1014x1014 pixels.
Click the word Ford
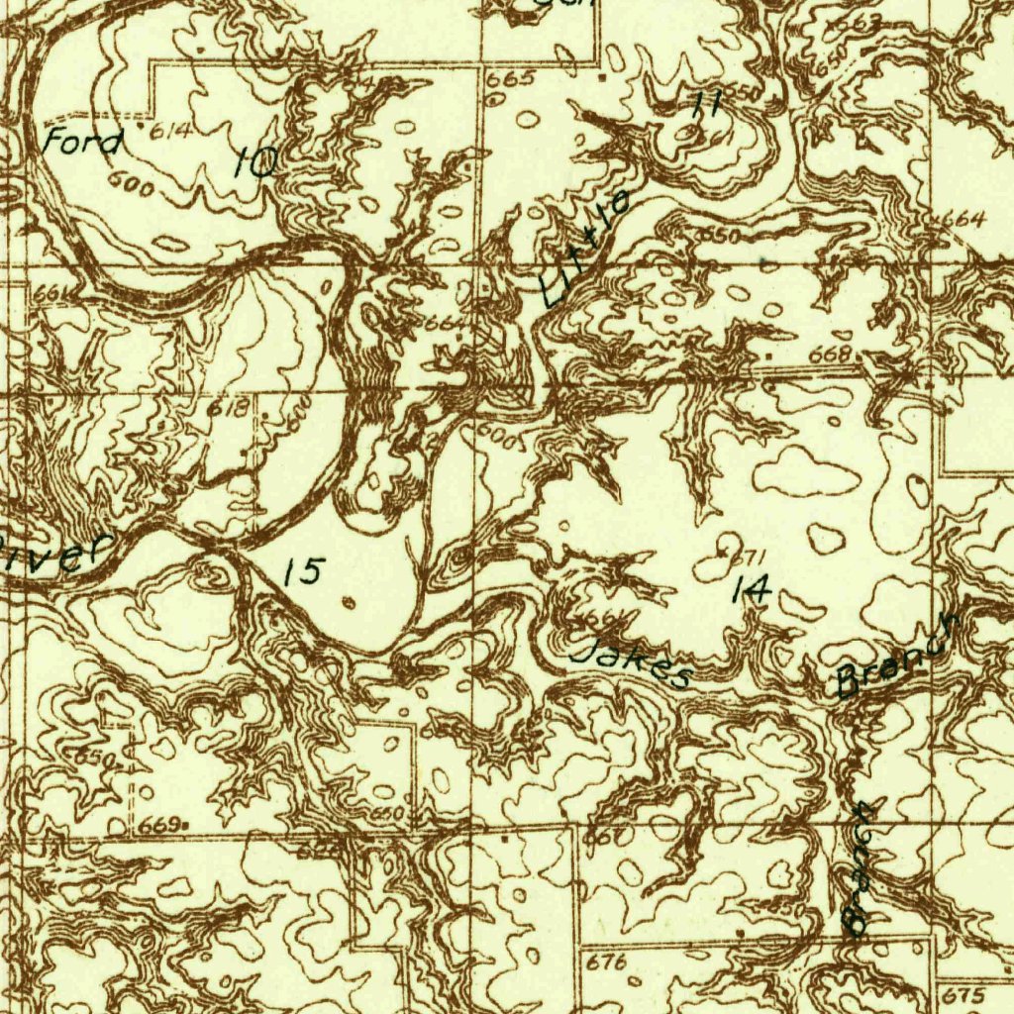pos(83,143)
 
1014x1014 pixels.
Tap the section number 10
pos(255,161)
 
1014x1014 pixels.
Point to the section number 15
pos(303,571)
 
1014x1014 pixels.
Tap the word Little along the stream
pos(586,248)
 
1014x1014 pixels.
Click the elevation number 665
pos(518,78)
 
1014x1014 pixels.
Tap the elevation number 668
pos(830,355)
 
